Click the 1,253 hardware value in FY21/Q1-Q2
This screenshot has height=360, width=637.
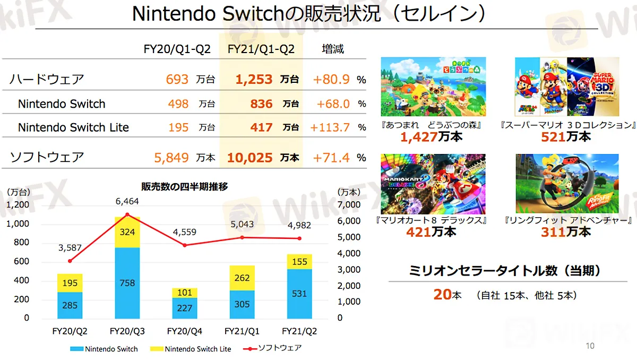[x=254, y=80]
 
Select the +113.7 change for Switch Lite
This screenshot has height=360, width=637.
[x=330, y=127]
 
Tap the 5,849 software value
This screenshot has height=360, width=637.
[x=171, y=158]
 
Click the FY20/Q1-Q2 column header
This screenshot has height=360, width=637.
[x=177, y=49]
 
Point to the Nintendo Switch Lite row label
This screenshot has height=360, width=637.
[x=73, y=127]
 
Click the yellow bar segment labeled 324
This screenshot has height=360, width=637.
[x=128, y=233]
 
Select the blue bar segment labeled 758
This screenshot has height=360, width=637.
[x=128, y=282]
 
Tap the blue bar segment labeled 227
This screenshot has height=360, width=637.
[x=185, y=308]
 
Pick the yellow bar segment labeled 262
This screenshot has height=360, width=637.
[x=242, y=278]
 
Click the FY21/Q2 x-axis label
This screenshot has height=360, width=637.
[x=299, y=331]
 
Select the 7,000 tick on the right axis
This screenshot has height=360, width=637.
[x=349, y=204]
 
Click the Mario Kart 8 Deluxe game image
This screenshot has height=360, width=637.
[x=433, y=184]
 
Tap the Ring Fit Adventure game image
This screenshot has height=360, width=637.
[x=567, y=184]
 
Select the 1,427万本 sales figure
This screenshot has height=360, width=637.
[x=432, y=137]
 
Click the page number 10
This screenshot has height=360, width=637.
[x=590, y=346]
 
